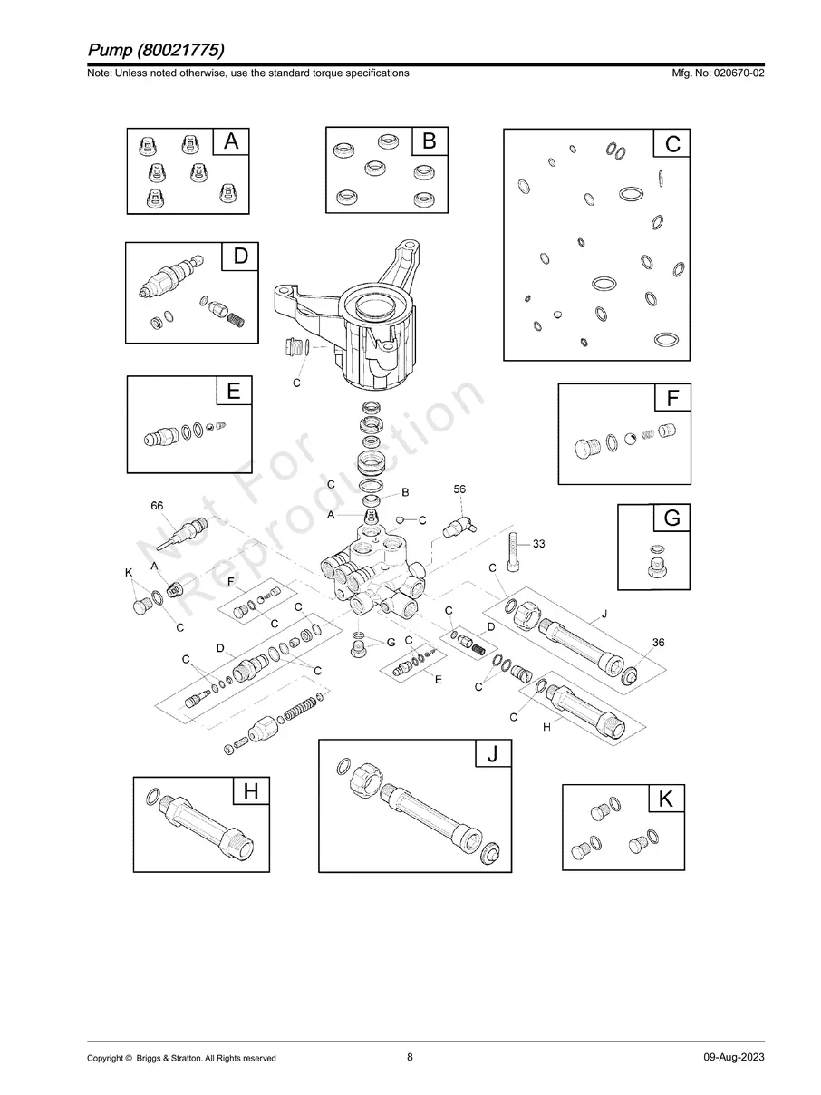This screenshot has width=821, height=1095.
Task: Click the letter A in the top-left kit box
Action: pos(231,141)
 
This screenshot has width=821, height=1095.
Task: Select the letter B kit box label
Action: pos(430,141)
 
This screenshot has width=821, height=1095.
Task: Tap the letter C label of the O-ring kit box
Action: pos(672,144)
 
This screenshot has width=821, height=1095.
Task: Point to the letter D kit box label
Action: pos(240,257)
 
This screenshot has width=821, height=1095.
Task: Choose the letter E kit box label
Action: pos(233,392)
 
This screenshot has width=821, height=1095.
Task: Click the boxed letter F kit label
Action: pos(672,398)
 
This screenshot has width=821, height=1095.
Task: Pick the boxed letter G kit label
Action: pos(671,518)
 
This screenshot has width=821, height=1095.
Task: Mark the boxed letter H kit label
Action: pos(250,791)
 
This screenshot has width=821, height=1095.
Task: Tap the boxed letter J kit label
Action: pos(492,754)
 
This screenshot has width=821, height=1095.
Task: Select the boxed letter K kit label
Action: pos(665,799)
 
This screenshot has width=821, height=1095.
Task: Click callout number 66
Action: pos(157,506)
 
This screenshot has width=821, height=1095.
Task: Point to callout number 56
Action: pos(459,489)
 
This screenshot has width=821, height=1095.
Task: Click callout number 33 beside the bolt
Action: pos(539,544)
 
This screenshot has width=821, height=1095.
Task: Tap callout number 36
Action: pos(659,642)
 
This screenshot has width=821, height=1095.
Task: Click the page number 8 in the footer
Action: pos(410,1057)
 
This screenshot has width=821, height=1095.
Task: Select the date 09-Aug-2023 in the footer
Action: pos(733,1058)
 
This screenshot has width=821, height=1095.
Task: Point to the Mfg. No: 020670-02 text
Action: pos(716,73)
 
